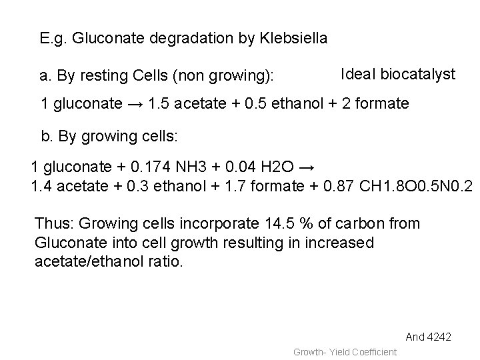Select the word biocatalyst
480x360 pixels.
tap(419, 74)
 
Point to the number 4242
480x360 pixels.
tap(440, 337)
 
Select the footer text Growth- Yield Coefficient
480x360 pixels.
tap(345, 351)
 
